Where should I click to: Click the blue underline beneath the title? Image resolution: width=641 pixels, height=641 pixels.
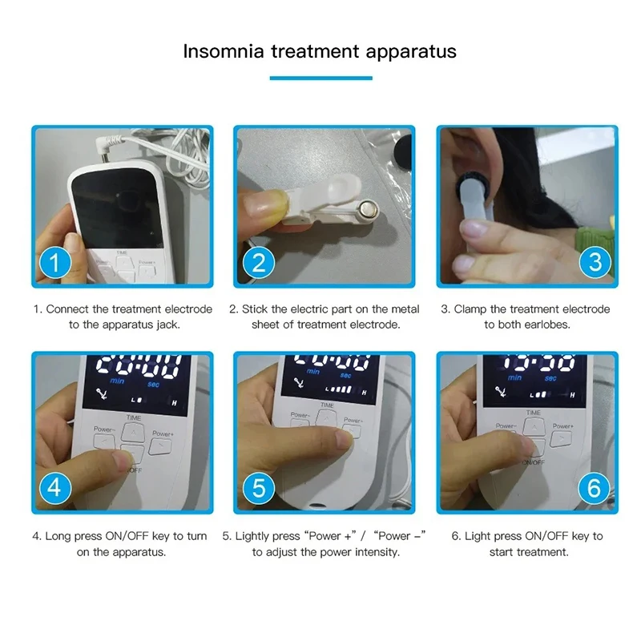(x=320, y=78)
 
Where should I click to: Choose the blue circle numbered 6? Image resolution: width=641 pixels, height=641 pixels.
(x=594, y=487)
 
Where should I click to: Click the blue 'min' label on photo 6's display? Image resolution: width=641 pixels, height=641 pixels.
(x=514, y=377)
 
